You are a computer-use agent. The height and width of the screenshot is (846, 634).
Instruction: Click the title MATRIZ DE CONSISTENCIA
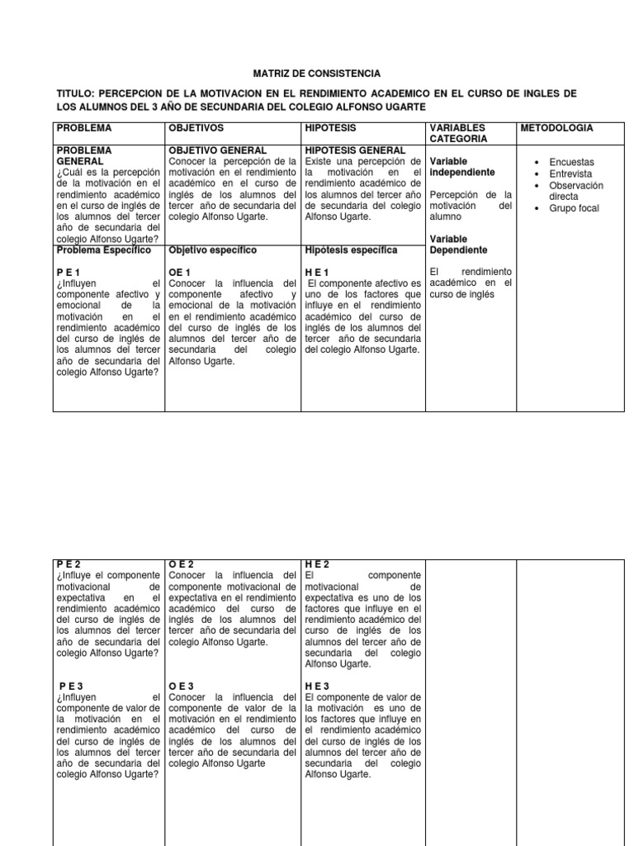pyautogui.click(x=317, y=74)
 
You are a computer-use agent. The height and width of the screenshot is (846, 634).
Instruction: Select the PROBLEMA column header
pyautogui.click(x=83, y=128)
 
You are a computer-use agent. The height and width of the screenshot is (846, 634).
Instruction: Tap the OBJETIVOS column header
pyautogui.click(x=196, y=128)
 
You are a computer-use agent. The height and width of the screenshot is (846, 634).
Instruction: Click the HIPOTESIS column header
pyautogui.click(x=330, y=128)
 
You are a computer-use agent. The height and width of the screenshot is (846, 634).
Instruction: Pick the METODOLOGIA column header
pyautogui.click(x=556, y=128)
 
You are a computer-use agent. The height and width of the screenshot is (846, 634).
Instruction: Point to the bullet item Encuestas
pyautogui.click(x=571, y=163)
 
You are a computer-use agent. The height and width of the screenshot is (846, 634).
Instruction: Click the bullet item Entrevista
pyautogui.click(x=570, y=174)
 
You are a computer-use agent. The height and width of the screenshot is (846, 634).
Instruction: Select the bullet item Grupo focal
pyautogui.click(x=574, y=208)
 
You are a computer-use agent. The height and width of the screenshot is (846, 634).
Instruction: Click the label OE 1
pyautogui.click(x=180, y=273)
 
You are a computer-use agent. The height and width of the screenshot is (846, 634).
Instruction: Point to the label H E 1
pyautogui.click(x=317, y=273)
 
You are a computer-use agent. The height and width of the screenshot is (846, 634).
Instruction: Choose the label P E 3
pyautogui.click(x=73, y=687)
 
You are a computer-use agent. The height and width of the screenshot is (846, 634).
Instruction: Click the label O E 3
pyautogui.click(x=181, y=687)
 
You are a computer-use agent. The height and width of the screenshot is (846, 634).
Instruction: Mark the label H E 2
pyautogui.click(x=317, y=564)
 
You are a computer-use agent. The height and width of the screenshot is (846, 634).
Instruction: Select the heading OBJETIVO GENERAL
pyautogui.click(x=217, y=150)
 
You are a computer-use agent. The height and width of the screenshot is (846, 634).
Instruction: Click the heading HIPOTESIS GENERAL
pyautogui.click(x=355, y=150)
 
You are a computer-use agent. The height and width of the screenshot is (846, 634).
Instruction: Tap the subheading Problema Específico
pyautogui.click(x=103, y=250)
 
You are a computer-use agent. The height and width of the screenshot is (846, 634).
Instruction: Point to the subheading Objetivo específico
pyautogui.click(x=212, y=250)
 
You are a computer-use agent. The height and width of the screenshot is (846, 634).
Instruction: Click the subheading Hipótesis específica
pyautogui.click(x=351, y=250)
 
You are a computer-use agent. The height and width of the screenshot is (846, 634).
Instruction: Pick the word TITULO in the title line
pyautogui.click(x=76, y=93)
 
